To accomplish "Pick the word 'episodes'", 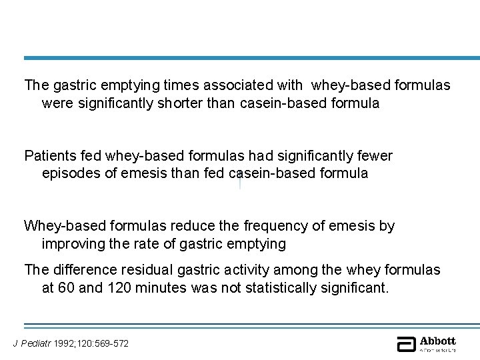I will pos(69,173).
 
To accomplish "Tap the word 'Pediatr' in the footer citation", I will pos(33,343).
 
